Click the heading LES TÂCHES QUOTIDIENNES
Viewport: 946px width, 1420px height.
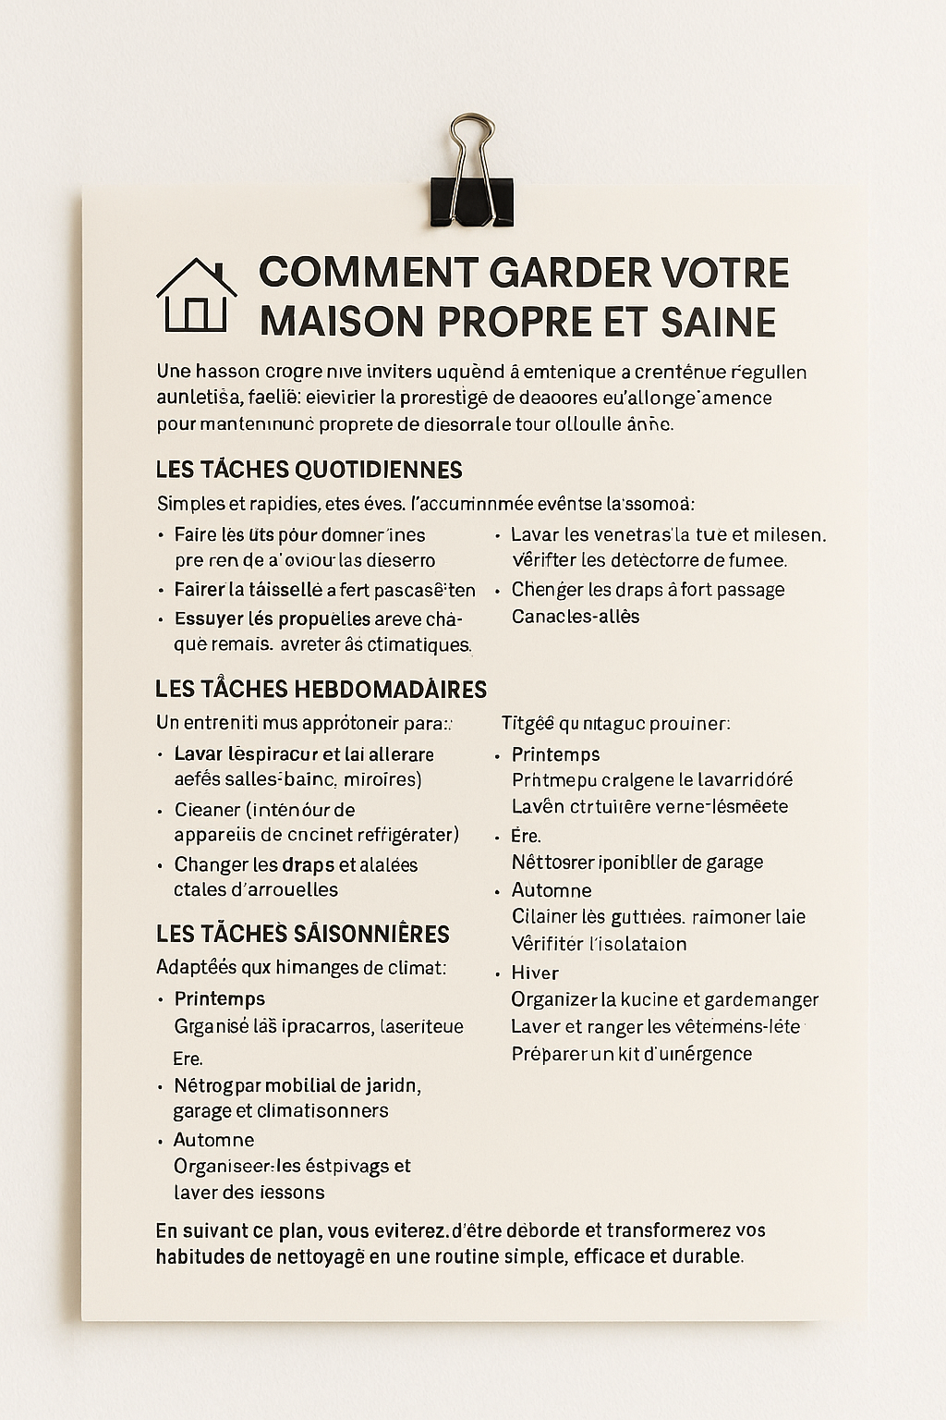(x=309, y=470)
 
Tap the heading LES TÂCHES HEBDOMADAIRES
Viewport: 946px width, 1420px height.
(x=321, y=690)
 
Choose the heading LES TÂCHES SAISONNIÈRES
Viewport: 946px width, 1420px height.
(x=302, y=934)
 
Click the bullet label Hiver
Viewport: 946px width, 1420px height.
(x=535, y=973)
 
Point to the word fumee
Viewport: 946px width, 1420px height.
(x=757, y=560)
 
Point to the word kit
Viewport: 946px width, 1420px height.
(x=632, y=1054)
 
